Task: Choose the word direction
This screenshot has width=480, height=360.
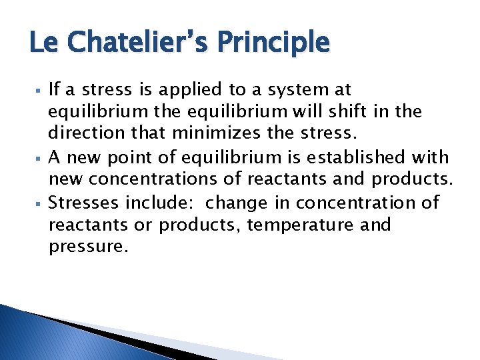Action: click(x=84, y=134)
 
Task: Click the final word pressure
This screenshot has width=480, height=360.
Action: click(x=87, y=248)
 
